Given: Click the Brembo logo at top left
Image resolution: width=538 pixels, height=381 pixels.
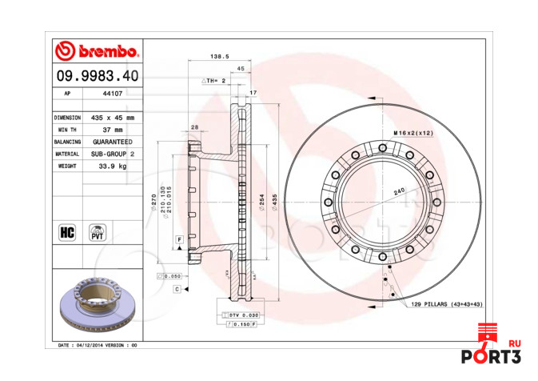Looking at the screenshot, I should (97, 52).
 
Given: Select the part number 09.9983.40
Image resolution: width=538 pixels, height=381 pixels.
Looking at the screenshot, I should (97, 75).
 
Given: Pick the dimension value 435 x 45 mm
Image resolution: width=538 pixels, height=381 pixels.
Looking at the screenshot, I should (112, 117).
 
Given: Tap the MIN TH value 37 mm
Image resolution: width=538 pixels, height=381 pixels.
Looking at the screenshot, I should (112, 129).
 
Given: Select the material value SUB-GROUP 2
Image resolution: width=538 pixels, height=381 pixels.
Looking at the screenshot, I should (112, 153).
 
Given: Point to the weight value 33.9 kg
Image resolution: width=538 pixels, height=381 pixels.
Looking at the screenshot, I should (112, 166).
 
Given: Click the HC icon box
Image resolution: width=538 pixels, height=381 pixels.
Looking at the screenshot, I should (67, 232).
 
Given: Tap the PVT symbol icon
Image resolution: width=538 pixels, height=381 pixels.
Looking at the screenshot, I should (98, 232).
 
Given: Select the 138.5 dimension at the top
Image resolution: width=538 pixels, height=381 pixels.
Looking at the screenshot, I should (219, 57).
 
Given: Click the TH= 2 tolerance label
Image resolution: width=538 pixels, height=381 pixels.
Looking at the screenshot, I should (213, 81).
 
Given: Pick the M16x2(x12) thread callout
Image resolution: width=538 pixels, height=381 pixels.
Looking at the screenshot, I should (413, 132).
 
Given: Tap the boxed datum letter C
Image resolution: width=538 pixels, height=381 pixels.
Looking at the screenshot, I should (176, 289).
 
